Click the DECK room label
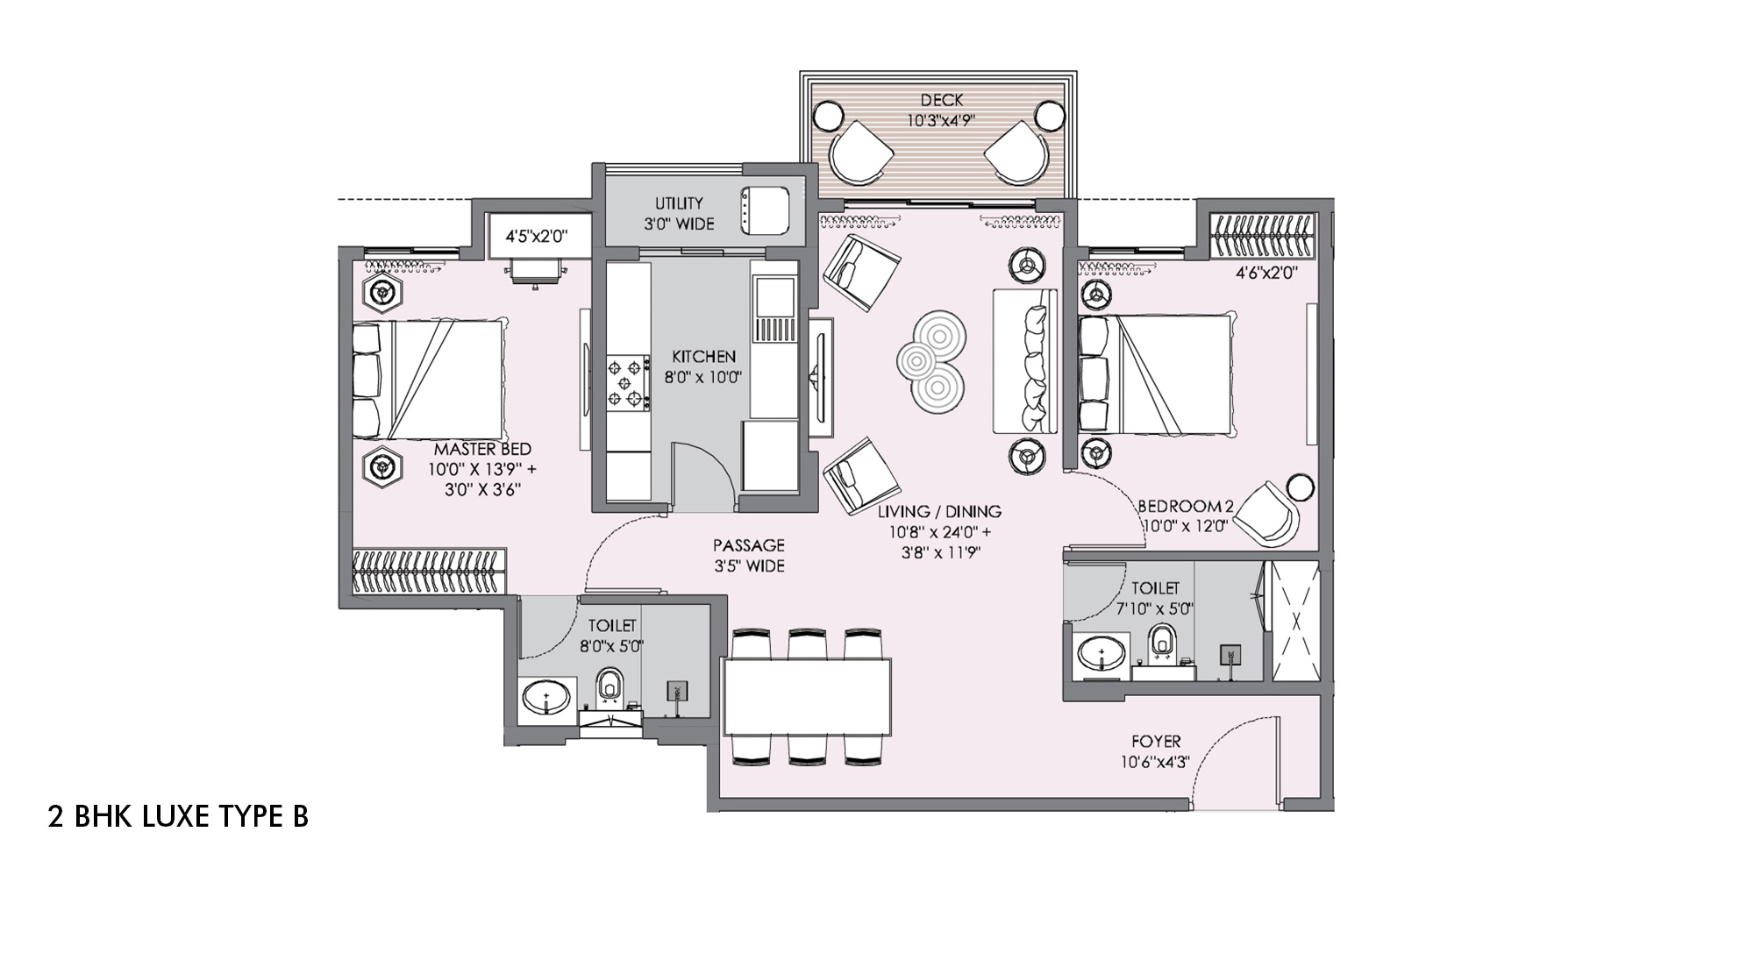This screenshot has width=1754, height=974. (x=942, y=101)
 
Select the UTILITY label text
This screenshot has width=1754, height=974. (x=679, y=203)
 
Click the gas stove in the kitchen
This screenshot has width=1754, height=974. (x=628, y=382)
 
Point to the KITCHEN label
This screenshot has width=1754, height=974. (x=703, y=357)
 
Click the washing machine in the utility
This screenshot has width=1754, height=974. (x=765, y=211)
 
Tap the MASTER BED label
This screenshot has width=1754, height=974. (x=482, y=449)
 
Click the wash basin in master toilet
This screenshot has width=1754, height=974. (x=545, y=700)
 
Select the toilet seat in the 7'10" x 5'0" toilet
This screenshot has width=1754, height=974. (x=1164, y=641)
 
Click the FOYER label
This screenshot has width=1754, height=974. (x=1156, y=742)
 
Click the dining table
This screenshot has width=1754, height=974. (x=807, y=697)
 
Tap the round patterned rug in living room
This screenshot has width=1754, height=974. (x=931, y=360)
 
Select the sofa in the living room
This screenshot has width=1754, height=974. (x=1025, y=361)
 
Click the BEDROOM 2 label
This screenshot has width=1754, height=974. (x=1186, y=506)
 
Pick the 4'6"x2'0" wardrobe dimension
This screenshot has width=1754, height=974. (x=1266, y=273)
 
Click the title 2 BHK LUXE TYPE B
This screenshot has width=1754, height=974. (x=178, y=817)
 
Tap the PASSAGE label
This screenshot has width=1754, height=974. (x=748, y=545)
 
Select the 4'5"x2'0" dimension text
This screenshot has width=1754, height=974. (x=536, y=236)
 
